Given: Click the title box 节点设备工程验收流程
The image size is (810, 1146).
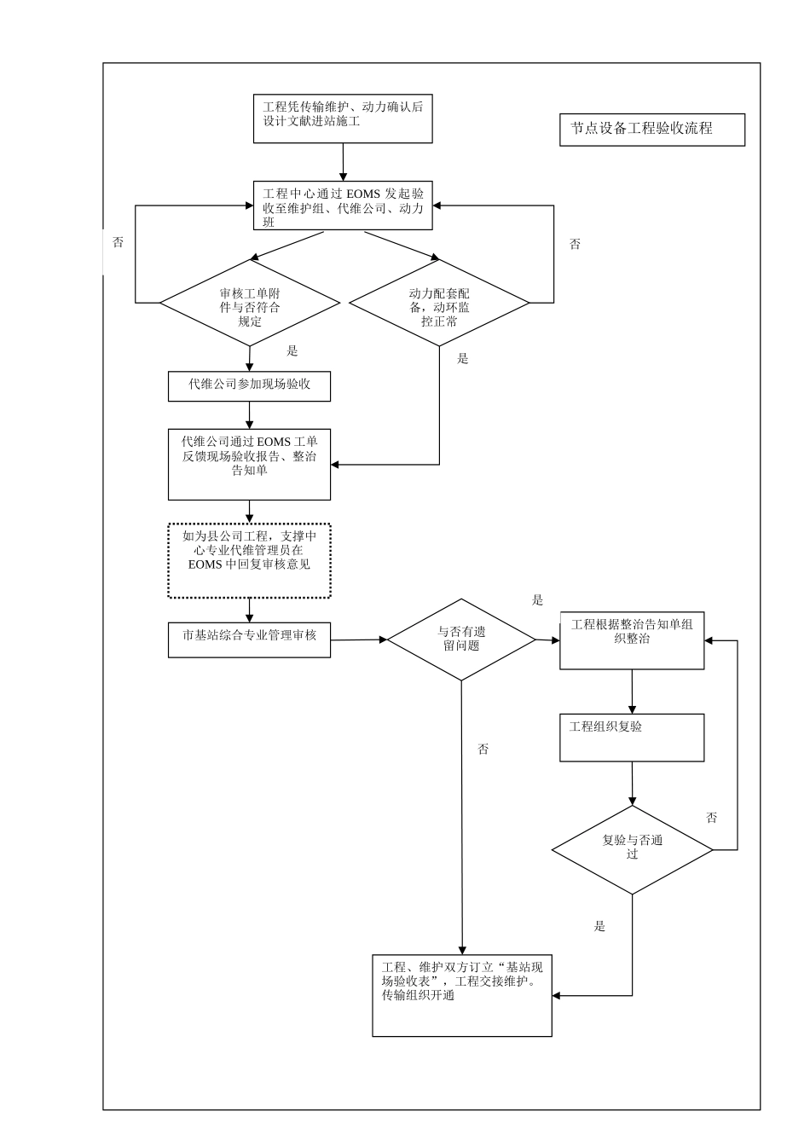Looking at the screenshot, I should [x=652, y=130].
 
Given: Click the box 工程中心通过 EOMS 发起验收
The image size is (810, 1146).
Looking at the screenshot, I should [x=343, y=205].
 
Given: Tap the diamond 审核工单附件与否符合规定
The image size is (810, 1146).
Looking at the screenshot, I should [x=250, y=303].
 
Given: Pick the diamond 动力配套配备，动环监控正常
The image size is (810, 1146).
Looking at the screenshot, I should [x=439, y=303].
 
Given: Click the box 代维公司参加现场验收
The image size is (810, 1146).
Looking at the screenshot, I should [x=249, y=386].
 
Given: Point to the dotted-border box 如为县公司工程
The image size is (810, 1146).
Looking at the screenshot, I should [x=249, y=559].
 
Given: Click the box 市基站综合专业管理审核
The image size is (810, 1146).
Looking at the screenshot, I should [x=249, y=640].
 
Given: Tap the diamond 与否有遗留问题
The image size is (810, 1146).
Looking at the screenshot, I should [x=461, y=639].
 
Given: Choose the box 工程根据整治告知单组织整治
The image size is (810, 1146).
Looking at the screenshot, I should [x=632, y=640].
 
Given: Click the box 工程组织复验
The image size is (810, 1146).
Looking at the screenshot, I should [x=632, y=737].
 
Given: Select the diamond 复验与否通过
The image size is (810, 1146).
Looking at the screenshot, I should [x=632, y=849].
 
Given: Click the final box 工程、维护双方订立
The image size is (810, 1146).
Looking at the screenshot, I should [x=462, y=995].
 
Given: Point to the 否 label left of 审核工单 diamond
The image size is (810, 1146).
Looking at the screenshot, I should [x=119, y=243].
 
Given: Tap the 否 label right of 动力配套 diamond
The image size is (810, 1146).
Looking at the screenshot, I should [x=575, y=245].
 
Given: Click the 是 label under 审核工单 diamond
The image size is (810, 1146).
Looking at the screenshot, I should [x=292, y=351].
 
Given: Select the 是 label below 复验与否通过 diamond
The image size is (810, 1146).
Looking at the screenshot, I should [x=599, y=926].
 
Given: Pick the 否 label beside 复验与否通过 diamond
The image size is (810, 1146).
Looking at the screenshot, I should [x=712, y=818].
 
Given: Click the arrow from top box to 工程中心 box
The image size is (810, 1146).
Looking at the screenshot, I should [x=343, y=161].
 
